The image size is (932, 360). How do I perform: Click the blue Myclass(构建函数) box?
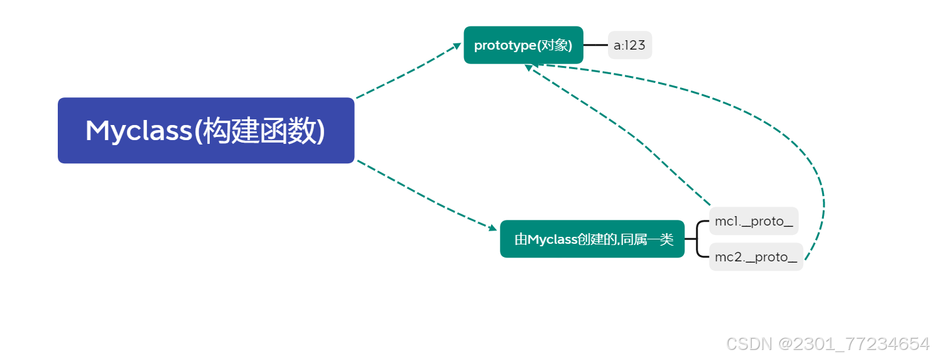coord(206,131)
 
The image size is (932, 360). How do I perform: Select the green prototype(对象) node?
coord(523,45)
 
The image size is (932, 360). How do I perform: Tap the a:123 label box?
coord(629,45)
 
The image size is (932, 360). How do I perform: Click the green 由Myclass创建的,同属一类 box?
coord(592,239)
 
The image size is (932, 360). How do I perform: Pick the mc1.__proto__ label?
coord(754,221)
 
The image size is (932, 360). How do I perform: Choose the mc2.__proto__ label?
coord(756,256)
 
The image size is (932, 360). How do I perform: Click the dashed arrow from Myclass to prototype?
coord(408,72)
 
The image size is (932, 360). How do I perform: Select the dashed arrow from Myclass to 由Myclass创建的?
coord(427,195)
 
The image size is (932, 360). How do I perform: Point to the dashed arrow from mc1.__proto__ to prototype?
coord(622,135)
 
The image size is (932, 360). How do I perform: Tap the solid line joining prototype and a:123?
coord(595,45)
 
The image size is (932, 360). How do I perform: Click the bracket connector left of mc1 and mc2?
coord(697,239)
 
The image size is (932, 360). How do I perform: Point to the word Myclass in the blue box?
coord(136,131)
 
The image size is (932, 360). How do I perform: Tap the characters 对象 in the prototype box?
coord(558,45)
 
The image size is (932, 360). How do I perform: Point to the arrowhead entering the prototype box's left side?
coord(457,46)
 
